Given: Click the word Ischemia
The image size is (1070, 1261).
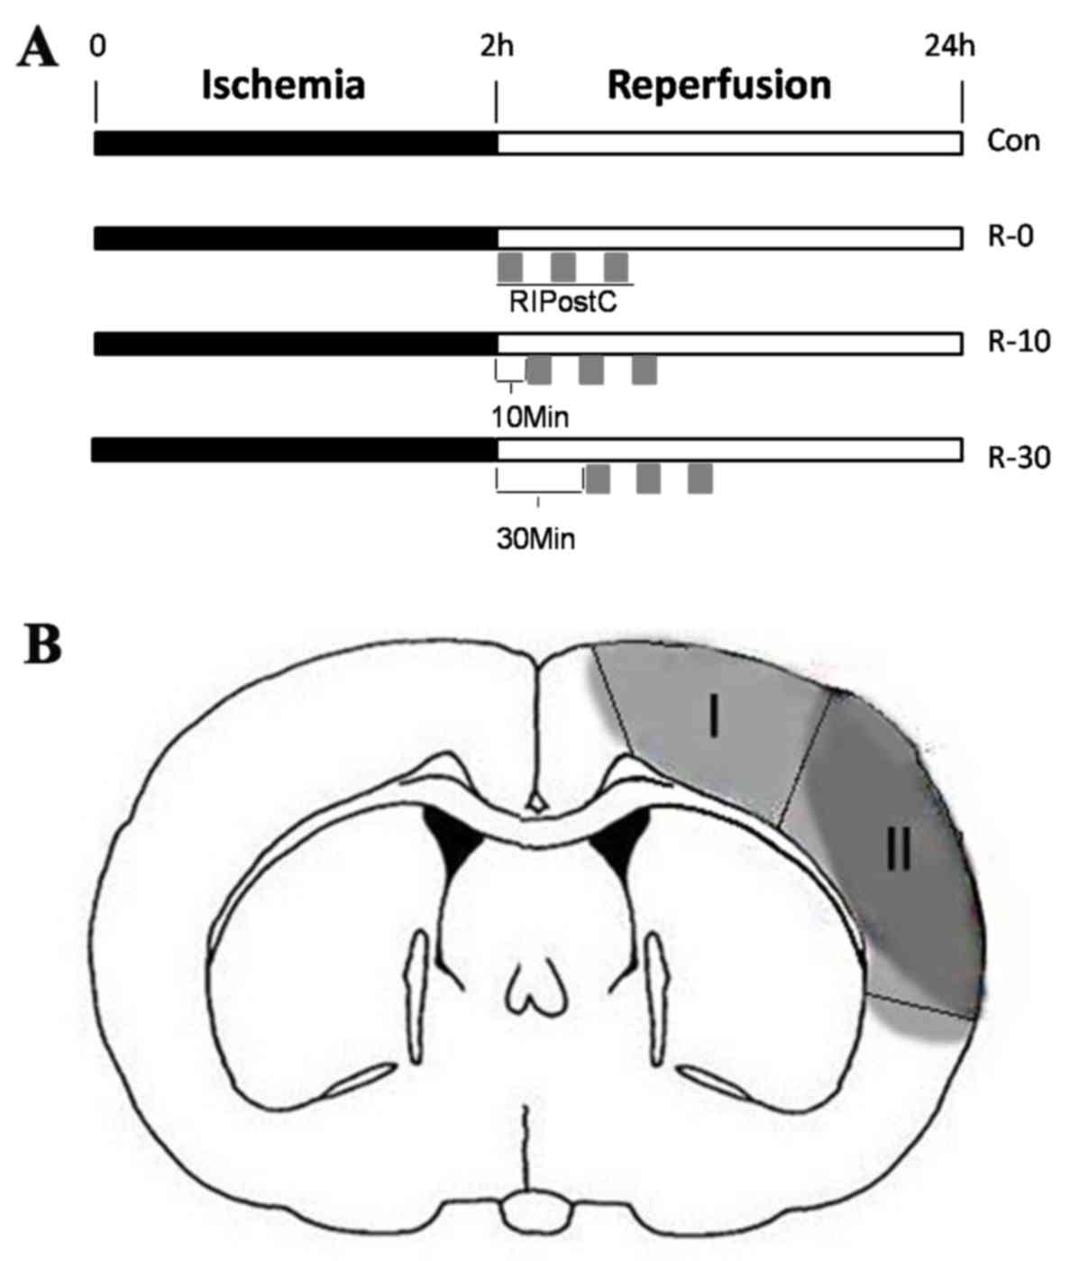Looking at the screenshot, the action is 282,86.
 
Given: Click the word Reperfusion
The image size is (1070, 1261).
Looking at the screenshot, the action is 718,86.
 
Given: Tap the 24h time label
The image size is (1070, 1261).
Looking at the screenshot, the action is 949,44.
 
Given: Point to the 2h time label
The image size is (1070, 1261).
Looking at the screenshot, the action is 496,44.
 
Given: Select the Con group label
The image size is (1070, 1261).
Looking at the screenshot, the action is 1013,142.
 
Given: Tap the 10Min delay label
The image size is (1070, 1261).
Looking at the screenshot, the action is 530,417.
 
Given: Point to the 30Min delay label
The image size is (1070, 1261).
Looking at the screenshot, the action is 535,539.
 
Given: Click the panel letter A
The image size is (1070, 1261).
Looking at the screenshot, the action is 37,50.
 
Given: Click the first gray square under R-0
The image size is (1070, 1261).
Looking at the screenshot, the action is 510,268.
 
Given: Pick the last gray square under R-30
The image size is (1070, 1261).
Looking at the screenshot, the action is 700,479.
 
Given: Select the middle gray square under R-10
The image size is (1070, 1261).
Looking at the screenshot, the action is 590,370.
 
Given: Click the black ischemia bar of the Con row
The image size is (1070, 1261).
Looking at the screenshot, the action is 296,142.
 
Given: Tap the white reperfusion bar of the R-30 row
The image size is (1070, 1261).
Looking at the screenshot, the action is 728,449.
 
